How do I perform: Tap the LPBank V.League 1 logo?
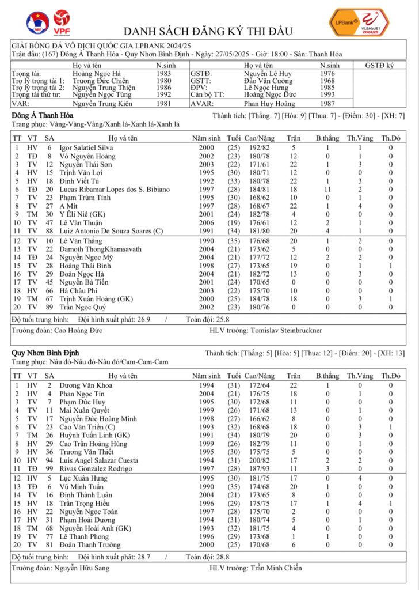pyautogui.click(x=358, y=22)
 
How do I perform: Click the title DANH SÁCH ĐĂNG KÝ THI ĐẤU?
pyautogui.click(x=208, y=31)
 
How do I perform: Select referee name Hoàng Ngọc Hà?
pyautogui.click(x=97, y=74)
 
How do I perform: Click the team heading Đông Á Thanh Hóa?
pyautogui.click(x=38, y=115)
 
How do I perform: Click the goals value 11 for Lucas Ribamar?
pyautogui.click(x=326, y=189)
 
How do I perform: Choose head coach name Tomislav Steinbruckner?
pyautogui.click(x=287, y=330)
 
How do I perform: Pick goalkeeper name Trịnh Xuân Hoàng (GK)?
pyautogui.click(x=93, y=299)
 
